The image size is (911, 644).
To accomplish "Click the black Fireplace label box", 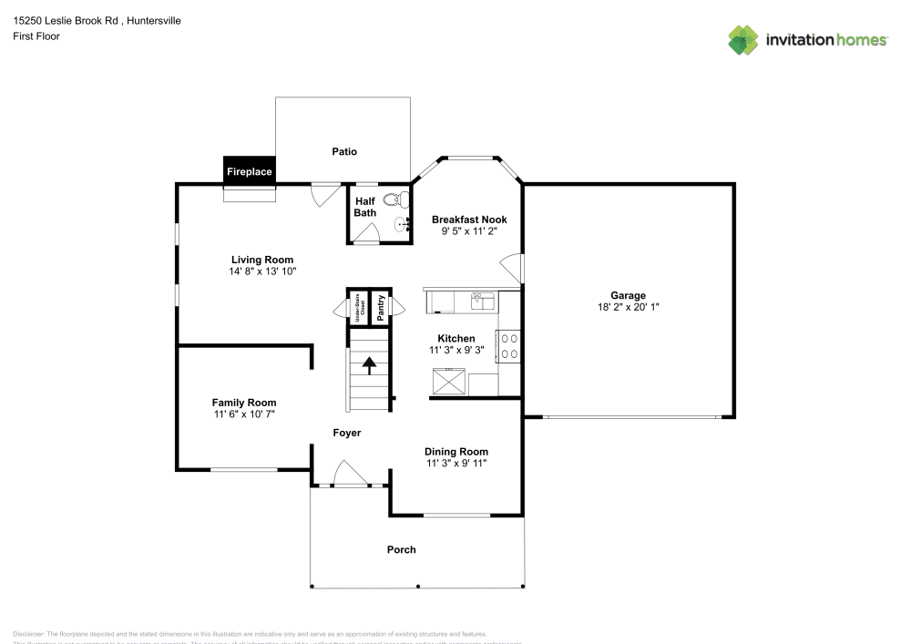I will (x=249, y=170).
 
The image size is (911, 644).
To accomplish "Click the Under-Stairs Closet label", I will (x=360, y=305).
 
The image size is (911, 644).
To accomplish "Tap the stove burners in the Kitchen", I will (x=509, y=345).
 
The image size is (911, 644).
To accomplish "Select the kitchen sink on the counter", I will (x=480, y=299).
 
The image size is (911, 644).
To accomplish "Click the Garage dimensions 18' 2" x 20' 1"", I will (x=628, y=308).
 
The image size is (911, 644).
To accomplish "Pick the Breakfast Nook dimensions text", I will (x=469, y=232).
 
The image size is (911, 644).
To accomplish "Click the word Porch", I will (x=402, y=549).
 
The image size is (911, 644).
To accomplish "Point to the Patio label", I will (x=344, y=152).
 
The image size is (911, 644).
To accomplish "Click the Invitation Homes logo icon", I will (x=743, y=39).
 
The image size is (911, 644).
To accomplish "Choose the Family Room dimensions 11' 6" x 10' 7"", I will (x=244, y=414).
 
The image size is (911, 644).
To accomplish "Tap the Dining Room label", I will (x=456, y=451).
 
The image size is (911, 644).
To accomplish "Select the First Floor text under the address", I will (x=36, y=36).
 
